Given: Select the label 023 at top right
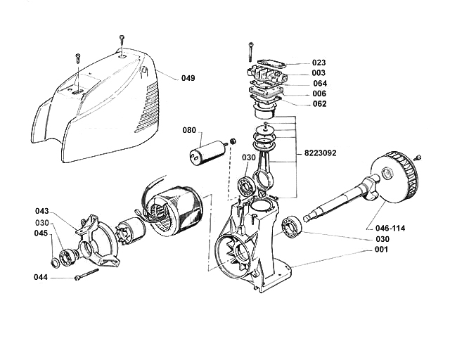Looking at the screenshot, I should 319,62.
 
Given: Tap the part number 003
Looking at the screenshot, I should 319,72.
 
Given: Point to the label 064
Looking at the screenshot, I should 320,83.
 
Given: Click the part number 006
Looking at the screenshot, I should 319,94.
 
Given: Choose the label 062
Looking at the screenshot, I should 319,104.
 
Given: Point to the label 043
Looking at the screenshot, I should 41,211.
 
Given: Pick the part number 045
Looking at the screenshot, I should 41,233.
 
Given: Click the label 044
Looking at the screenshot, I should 41,278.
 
